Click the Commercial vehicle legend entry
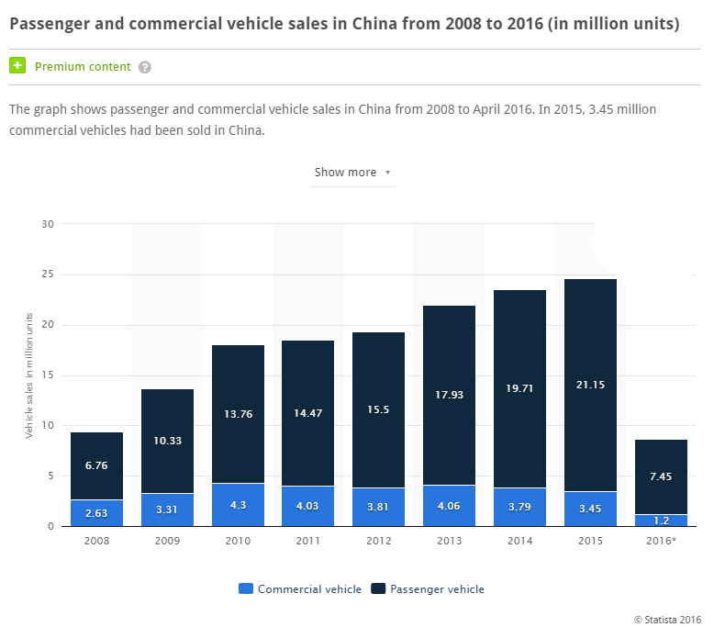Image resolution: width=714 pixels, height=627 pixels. [x=300, y=588]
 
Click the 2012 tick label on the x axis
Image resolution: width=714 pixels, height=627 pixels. [x=378, y=541]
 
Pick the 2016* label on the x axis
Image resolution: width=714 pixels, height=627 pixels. [x=661, y=541]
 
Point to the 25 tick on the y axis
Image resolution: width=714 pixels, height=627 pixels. [x=49, y=274]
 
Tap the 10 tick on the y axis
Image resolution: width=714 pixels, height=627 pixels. [x=49, y=425]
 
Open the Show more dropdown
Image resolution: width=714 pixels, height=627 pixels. [x=352, y=173]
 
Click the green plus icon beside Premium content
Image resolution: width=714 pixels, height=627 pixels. [x=17, y=66]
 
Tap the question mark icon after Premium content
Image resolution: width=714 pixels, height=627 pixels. [x=145, y=67]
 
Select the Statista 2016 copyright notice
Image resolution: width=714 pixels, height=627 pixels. [x=667, y=619]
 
